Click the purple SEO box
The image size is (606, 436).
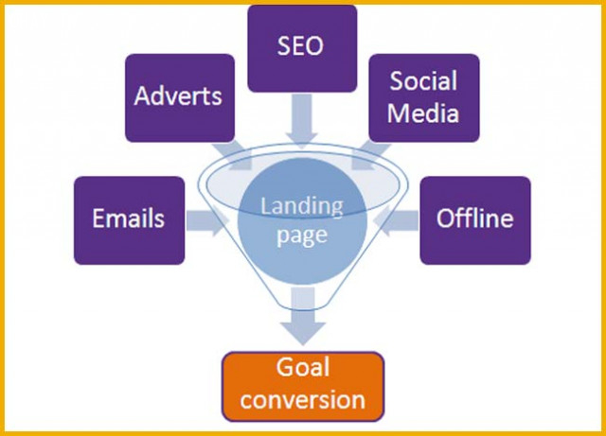tap(302, 48)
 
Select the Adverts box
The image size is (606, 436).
tap(180, 97)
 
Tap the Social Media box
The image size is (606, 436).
tap(424, 97)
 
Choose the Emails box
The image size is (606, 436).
tap(129, 220)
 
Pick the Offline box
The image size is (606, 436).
tap(475, 220)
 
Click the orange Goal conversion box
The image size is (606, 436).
tap(303, 386)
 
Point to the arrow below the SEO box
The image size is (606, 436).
tap(302, 121)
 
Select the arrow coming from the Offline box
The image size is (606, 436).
tap(397, 220)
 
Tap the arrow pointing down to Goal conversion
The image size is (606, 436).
tap(303, 316)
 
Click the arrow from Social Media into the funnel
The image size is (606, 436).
tap(370, 156)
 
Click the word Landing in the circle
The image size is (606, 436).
tap(302, 206)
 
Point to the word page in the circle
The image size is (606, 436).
tap(302, 235)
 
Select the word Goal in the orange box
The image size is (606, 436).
tap(303, 367)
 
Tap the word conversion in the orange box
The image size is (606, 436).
tap(303, 399)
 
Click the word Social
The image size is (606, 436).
tap(423, 80)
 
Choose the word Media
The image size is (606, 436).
tap(423, 113)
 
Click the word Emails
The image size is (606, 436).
tap(129, 218)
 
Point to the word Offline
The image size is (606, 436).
tap(475, 218)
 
